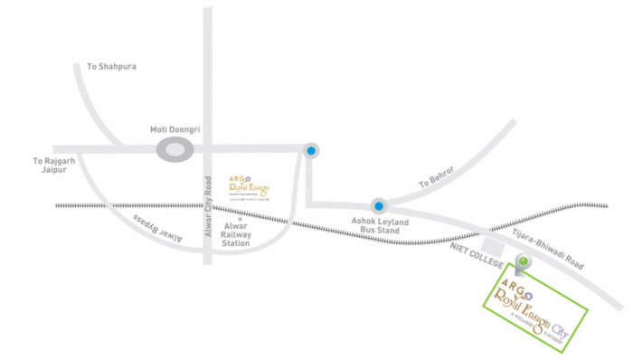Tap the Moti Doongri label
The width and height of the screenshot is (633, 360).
(175, 129)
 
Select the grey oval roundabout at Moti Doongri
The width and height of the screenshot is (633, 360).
(175, 150)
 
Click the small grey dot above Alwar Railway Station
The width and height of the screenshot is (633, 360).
(241, 220)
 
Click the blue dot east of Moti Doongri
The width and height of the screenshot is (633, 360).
(310, 151)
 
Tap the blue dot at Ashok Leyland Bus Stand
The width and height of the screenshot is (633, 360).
(378, 207)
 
